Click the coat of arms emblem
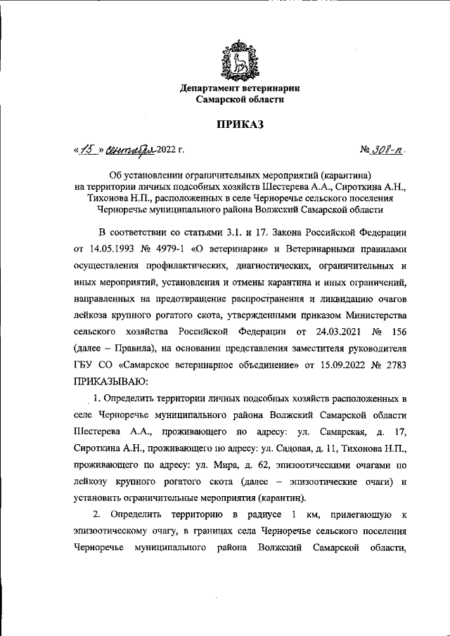238,63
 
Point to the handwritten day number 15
87,150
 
